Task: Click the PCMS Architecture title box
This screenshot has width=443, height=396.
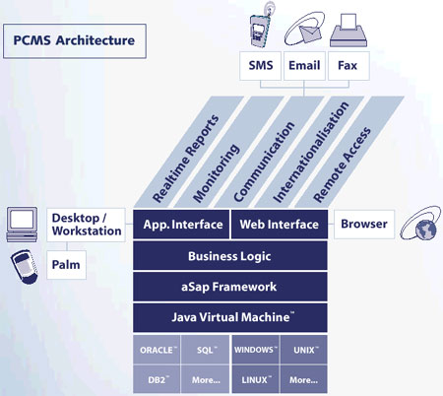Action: tap(75, 41)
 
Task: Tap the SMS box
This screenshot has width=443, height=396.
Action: tap(260, 66)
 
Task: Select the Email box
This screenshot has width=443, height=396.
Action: tap(304, 66)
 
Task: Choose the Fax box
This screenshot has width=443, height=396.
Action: tap(348, 66)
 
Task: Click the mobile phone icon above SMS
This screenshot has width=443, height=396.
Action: tap(262, 27)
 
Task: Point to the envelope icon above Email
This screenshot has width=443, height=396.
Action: tap(304, 29)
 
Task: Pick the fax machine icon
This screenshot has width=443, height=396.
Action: tap(348, 31)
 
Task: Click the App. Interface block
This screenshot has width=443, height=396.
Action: tap(181, 225)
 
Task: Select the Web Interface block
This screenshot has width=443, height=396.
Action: tap(280, 225)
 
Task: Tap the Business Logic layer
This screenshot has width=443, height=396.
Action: tap(230, 255)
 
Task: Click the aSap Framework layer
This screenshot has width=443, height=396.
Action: tap(230, 287)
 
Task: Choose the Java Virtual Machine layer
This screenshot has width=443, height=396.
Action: tap(230, 317)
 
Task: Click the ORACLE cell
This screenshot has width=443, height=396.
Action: tap(157, 350)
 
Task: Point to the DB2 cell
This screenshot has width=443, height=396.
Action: tap(157, 379)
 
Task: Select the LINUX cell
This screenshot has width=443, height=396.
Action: tap(256, 379)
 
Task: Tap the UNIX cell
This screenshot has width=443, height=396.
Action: tap(304, 350)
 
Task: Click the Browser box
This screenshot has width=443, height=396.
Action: tap(364, 225)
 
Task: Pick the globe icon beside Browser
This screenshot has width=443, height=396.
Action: tap(421, 224)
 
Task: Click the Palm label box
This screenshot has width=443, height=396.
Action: tap(66, 265)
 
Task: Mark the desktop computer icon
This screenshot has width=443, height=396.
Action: tap(22, 225)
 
